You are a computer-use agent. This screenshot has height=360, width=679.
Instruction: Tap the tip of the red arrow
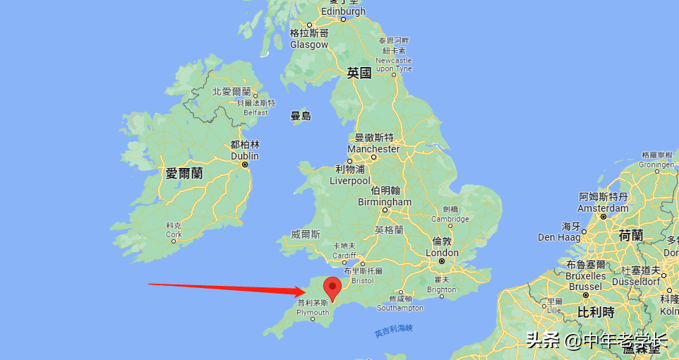[304, 291]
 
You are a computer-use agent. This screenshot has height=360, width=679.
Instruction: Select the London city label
[442, 253]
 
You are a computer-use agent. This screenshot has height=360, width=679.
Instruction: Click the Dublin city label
[245, 156]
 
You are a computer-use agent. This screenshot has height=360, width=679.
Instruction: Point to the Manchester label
[373, 149]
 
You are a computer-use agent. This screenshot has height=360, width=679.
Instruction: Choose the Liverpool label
[349, 181]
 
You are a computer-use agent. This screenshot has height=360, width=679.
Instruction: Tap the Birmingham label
[385, 202]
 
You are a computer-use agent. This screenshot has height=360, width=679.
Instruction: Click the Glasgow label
[309, 44]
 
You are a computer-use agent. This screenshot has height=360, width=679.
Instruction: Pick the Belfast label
[256, 112]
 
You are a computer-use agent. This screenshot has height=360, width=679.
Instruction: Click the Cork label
[174, 234]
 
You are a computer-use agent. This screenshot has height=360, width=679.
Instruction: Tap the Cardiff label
[344, 256]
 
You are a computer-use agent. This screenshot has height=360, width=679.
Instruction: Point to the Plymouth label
[313, 312]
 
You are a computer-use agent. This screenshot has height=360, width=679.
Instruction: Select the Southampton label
[400, 308]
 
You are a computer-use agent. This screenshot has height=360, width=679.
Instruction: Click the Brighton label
[442, 289]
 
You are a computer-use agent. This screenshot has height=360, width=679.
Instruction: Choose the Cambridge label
[450, 219]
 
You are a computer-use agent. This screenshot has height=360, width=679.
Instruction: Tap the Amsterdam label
[603, 208]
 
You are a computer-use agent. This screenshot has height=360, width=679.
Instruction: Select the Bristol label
[363, 280]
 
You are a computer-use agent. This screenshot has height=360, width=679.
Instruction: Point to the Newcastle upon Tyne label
[394, 65]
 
